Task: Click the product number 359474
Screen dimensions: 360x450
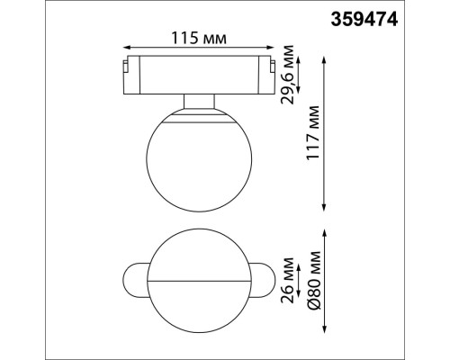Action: (404, 15)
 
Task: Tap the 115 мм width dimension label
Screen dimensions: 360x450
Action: (196, 39)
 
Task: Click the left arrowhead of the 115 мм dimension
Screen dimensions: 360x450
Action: (126, 51)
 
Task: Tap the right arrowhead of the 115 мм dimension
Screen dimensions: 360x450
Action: (269, 51)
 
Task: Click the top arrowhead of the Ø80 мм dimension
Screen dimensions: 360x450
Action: (326, 231)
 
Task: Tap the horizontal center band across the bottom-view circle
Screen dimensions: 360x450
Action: (196, 280)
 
